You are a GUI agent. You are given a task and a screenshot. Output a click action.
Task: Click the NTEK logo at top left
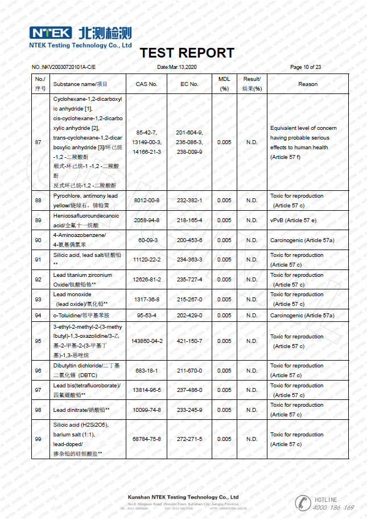[x=51, y=32]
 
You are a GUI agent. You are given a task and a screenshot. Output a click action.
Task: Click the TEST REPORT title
[x=187, y=53]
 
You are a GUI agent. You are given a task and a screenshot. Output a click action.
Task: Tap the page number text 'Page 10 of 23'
[x=306, y=67]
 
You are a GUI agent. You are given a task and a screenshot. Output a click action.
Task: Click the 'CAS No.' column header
[x=146, y=84]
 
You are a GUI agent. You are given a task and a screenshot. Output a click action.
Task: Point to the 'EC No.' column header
[x=189, y=84]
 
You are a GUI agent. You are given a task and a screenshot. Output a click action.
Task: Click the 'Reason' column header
[x=308, y=84]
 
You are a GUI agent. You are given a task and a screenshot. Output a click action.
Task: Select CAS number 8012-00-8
[x=146, y=201]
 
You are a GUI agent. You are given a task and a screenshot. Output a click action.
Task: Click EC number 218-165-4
[x=189, y=220]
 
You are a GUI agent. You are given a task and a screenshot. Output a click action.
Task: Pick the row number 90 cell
[x=38, y=240]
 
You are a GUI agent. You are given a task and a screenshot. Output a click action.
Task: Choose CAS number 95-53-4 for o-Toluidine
[x=146, y=315]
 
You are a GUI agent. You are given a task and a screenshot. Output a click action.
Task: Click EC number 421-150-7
[x=189, y=341]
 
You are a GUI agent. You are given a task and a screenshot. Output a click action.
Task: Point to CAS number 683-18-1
[x=146, y=370]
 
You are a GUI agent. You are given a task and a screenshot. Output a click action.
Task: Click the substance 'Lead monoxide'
[x=72, y=295]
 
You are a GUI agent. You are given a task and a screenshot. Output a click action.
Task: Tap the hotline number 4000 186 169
[x=333, y=507]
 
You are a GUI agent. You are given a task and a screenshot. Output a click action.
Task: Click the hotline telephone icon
[x=302, y=502]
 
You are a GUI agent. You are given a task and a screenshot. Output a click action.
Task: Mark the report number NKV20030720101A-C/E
[x=67, y=67]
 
